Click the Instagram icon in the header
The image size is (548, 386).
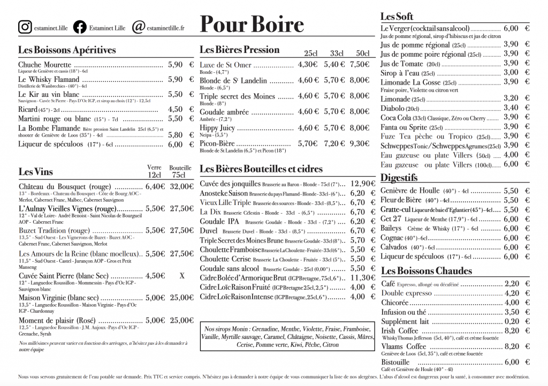pos(25,26)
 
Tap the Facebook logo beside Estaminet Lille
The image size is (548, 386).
pos(80,26)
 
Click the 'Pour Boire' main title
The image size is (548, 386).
pos(252,25)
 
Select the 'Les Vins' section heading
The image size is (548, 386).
pos(36,172)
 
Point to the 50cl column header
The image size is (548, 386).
pos(362,54)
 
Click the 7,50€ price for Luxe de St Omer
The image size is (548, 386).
pos(360,65)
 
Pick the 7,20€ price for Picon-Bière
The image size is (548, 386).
pos(334,143)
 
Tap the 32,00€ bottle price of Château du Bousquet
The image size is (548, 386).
pos(181,186)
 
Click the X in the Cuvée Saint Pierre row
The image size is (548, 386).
pos(182,276)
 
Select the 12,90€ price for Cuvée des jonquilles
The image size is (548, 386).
pos(362,183)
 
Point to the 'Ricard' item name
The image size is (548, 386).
pos(28,109)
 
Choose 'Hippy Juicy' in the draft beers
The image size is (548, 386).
pos(217,128)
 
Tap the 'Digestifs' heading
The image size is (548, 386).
pos(399,177)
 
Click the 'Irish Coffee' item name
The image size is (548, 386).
pos(400,331)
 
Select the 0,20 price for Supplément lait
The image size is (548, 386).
pos(512,321)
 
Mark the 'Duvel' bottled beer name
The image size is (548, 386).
pos(209,231)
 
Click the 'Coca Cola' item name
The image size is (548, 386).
pos(395,117)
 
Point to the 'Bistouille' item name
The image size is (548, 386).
pos(395,362)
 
